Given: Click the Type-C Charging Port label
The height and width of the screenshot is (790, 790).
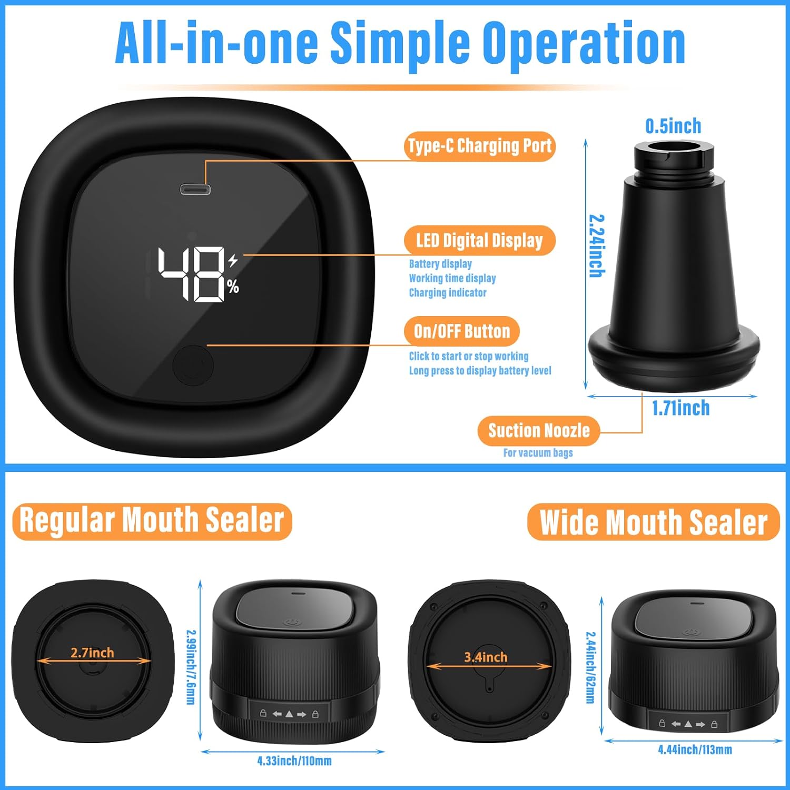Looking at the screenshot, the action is [480, 146].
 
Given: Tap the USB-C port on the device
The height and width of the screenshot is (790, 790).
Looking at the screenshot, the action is [195, 189].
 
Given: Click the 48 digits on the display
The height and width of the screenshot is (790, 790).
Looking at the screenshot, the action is [192, 274].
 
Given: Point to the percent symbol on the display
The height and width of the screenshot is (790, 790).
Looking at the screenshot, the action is [233, 287].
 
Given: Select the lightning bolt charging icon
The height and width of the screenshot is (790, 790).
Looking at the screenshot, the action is [233, 260].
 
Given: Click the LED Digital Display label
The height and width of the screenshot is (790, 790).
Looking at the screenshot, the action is [479, 241].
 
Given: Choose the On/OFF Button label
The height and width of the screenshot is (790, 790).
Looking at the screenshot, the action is [462, 331].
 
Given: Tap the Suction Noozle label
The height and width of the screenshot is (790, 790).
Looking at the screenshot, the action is [539, 431].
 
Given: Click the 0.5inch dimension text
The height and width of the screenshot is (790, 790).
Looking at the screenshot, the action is [673, 126].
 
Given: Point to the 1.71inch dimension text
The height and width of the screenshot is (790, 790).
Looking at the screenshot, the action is [680, 408].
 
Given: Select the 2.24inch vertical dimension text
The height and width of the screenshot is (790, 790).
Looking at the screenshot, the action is [596, 245].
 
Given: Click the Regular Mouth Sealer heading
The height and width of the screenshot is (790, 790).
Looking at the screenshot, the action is [152, 521].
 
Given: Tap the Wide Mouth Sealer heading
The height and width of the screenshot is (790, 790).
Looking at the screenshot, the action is [653, 522].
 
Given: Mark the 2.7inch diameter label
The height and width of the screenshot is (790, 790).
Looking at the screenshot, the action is [92, 653].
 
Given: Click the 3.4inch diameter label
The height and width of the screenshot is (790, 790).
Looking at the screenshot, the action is [486, 657].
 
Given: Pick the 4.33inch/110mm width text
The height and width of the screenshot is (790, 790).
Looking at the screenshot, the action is [294, 761].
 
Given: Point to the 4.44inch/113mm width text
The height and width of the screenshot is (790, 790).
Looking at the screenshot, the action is [695, 749].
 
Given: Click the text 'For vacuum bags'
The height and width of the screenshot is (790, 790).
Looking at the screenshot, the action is [538, 453].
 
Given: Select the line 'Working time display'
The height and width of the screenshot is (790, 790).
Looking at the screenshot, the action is [452, 278].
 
